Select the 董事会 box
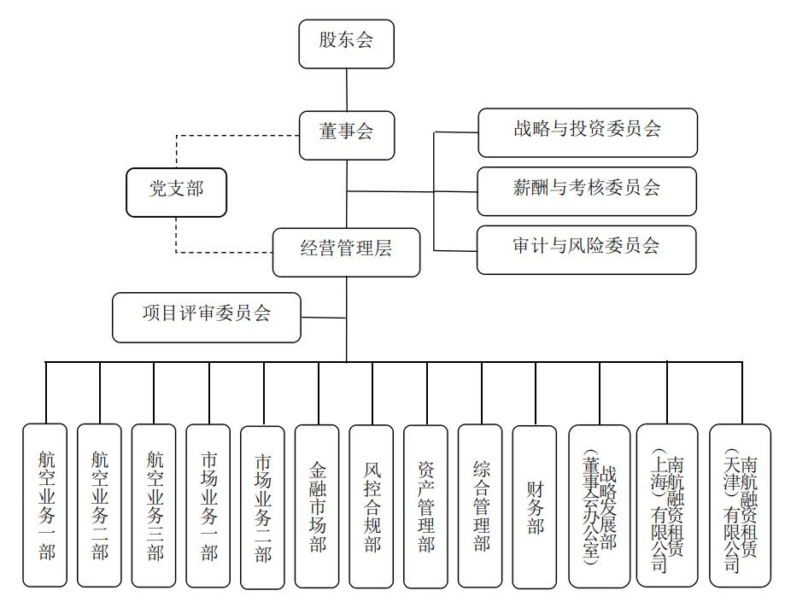pos(346,134)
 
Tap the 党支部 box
pos(177,191)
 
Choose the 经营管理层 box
pos(346,251)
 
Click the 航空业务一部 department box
pos(45,505)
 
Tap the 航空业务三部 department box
pos(154,505)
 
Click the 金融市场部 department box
pos(317,506)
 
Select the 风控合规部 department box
pos(372,506)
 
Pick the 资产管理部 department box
pos(425,506)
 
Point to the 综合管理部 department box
pos(480,506)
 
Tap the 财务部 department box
pos(535,506)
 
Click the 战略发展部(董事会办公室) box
pos(599,506)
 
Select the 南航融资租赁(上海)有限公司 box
pos(667,506)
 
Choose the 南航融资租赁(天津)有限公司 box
pos(740,506)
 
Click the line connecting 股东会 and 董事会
pos(346,89)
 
